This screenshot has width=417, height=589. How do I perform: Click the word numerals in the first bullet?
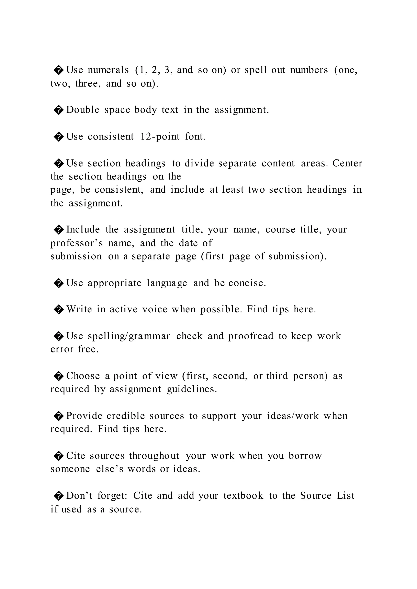[x=108, y=70]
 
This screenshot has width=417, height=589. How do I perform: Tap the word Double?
[x=83, y=110]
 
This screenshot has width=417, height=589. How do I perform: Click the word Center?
[x=347, y=163]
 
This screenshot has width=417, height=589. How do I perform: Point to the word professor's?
[x=77, y=243]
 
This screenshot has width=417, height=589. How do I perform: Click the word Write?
[x=79, y=309]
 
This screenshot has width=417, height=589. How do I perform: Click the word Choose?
[x=83, y=376]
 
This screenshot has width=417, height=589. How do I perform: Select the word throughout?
[x=154, y=456]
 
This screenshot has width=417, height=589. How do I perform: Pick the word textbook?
[x=243, y=496]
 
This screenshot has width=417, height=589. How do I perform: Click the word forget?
[x=112, y=496]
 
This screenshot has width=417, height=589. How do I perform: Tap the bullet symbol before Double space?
[x=59, y=110]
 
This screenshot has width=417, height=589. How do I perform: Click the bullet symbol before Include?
[x=59, y=230]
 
